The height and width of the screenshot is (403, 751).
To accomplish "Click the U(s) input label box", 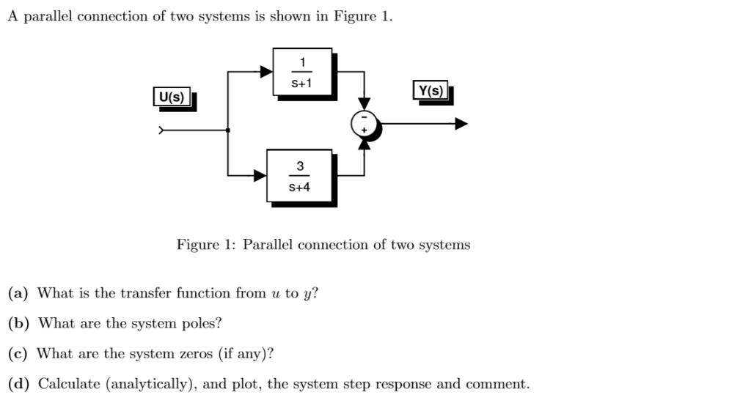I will coord(172,97).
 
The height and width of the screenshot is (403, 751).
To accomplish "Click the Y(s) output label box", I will coord(430,91).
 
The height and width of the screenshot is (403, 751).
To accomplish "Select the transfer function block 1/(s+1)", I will coord(302,72).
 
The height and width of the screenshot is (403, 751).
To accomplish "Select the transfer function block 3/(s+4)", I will coord(299,176).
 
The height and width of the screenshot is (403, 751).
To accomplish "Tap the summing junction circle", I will coord(364,125).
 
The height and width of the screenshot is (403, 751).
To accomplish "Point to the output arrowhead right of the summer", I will coord(461,124).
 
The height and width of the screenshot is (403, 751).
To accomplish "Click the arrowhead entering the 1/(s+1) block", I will coord(266,72).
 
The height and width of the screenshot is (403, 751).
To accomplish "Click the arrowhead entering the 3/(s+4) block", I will coord(260,176).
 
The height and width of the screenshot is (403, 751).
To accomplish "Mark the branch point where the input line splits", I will coord(228,131).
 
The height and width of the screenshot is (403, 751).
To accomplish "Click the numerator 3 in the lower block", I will coord(299,166).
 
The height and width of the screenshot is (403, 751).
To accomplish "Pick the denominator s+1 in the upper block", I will coord(302,83).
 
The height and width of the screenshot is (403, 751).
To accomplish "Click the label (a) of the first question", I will coord(18,294).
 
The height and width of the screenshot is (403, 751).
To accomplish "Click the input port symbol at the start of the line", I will coord(163,131).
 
